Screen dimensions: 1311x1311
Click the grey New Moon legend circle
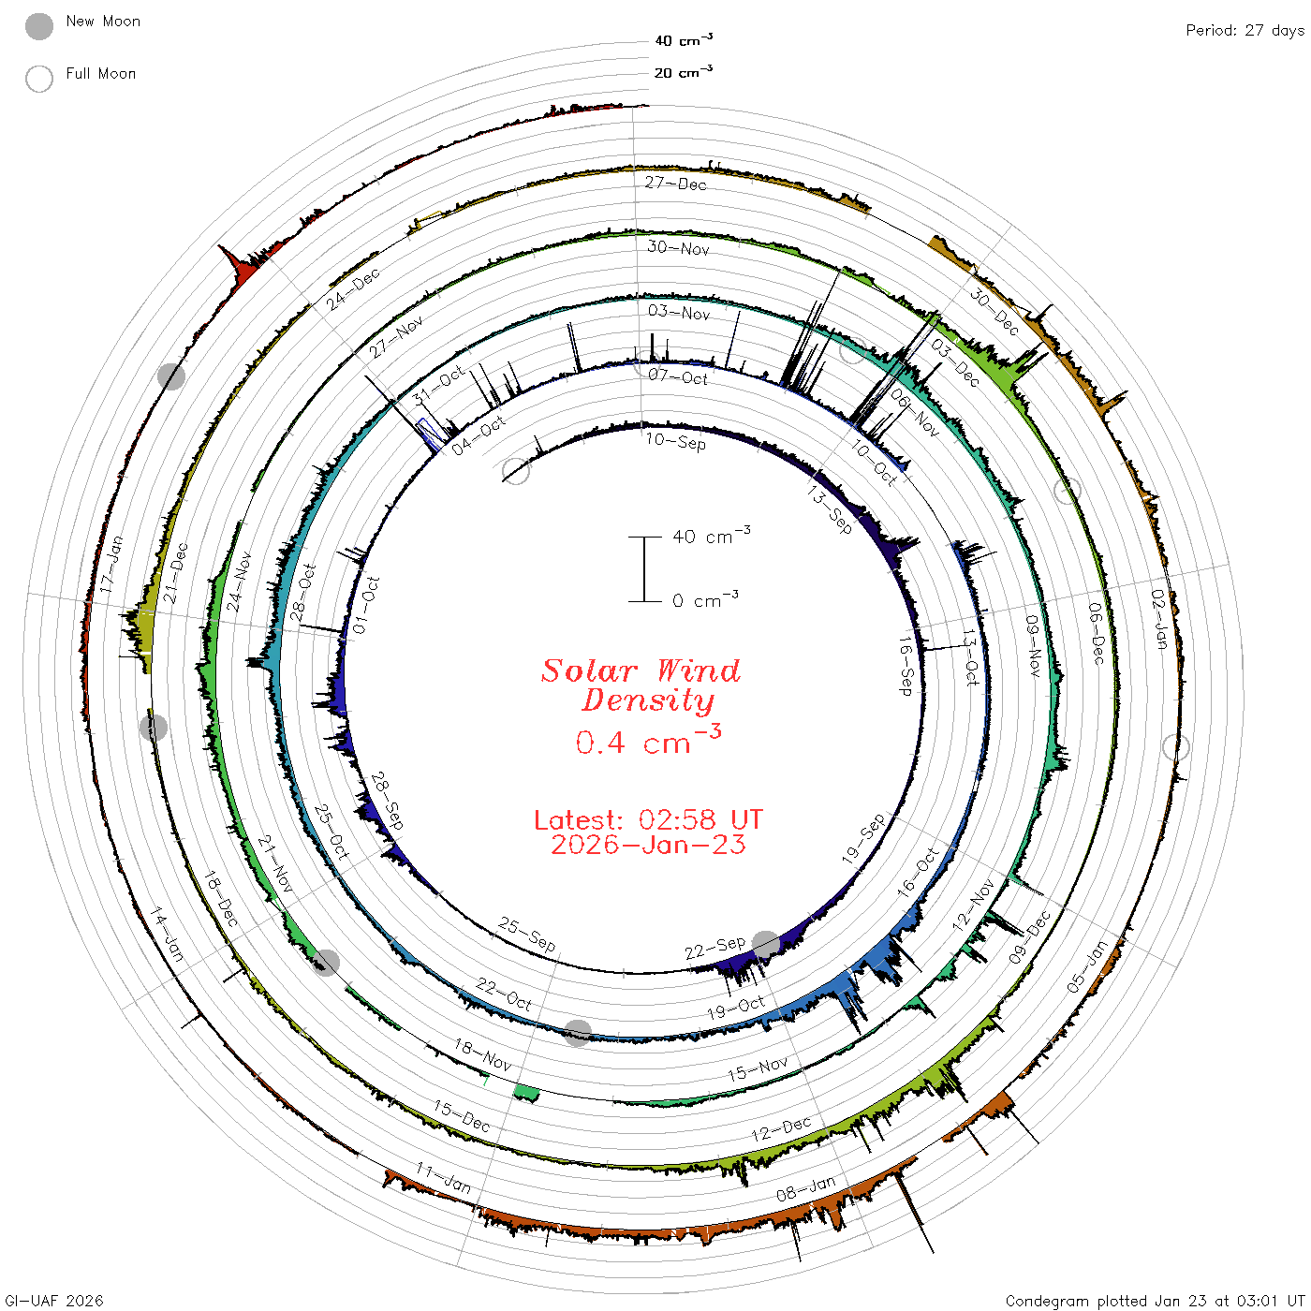[x=38, y=26]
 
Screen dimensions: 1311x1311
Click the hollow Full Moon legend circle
[x=38, y=79]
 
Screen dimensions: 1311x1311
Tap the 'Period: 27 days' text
[x=1245, y=31]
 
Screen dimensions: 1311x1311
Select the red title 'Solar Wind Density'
[x=641, y=685]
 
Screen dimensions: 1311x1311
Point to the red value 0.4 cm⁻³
[x=648, y=740]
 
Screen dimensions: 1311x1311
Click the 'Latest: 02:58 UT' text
[x=648, y=819]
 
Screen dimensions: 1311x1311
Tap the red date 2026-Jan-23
[x=648, y=845]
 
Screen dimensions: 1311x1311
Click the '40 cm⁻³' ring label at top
[x=684, y=39]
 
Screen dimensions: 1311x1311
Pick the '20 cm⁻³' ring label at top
[x=684, y=71]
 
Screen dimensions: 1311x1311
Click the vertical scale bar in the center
[x=645, y=568]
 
